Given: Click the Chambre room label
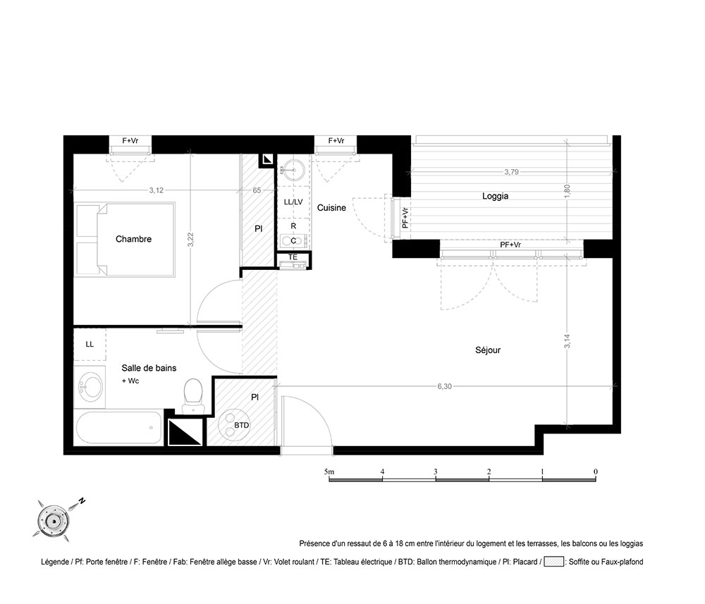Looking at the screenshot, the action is coord(133,239).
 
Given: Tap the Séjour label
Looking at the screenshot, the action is coord(488,350).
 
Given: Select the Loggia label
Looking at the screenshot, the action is coord(495,196).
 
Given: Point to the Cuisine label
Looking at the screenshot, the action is coord(331,208).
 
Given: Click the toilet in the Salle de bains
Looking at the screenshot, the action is coord(193,396).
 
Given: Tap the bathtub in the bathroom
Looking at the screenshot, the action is coord(118,428).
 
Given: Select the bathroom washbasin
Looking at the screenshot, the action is coord(90,386).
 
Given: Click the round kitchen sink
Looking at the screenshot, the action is coord(293,171).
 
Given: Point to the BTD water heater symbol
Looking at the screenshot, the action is coord(234,424).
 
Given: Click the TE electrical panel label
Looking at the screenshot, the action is coord(293,257).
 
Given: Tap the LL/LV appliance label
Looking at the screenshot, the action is coord(293,202).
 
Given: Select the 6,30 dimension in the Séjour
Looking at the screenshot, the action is coord(444,386).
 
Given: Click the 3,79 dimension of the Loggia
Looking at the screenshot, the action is coord(511,172).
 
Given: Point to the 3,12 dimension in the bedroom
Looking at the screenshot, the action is coord(156,190).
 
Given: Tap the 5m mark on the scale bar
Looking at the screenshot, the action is coord(329,472).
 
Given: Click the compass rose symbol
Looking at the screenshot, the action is coord(54,522).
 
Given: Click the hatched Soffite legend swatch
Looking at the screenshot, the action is coord(554,562).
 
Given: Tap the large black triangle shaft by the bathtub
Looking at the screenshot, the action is coord(185,432).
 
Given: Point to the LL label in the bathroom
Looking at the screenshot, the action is coord(90,344).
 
